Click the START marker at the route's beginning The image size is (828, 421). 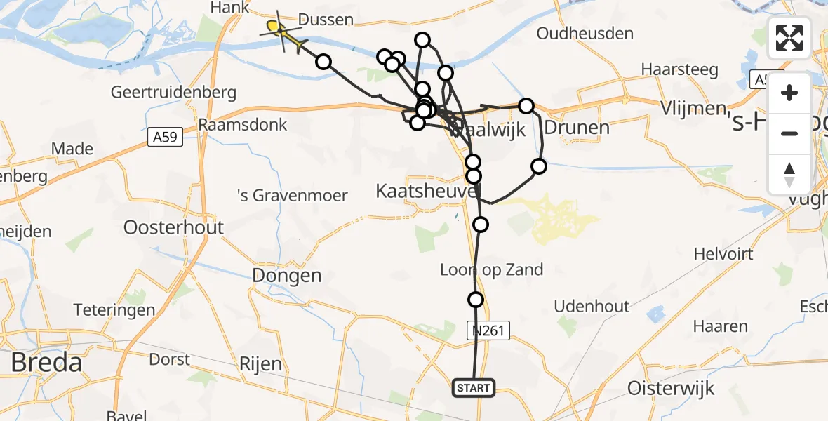[x=474, y=388]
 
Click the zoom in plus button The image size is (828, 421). [x=789, y=93]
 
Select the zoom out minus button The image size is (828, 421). [x=789, y=133]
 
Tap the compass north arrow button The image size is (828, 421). [x=789, y=174]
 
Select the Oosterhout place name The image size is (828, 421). [x=173, y=227]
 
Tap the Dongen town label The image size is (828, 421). [x=288, y=276]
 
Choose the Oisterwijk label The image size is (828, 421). [x=671, y=388]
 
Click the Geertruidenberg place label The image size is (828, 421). [x=174, y=93]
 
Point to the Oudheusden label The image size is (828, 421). [x=585, y=33]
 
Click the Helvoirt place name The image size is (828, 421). [x=723, y=253]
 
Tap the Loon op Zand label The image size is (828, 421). [x=491, y=269]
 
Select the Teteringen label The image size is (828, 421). [x=115, y=310]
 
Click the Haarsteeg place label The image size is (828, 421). [x=679, y=69]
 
